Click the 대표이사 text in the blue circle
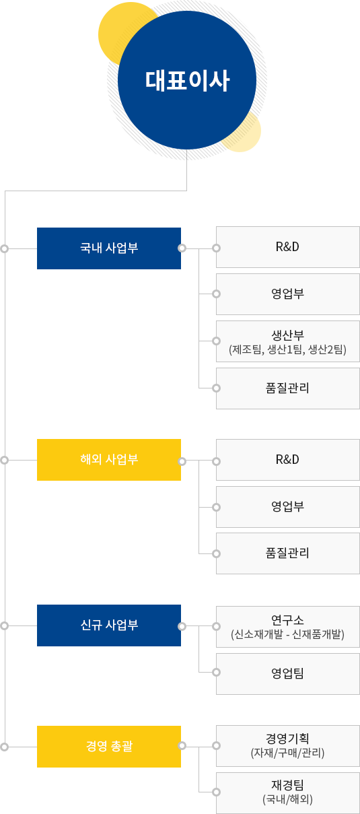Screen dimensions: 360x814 pyautogui.click(x=187, y=80)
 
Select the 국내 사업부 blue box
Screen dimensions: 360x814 pyautogui.click(x=109, y=248)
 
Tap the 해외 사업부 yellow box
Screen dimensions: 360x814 pyautogui.click(x=109, y=460)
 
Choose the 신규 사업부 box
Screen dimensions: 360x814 pyautogui.click(x=109, y=625)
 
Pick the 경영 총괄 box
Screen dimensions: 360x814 pyautogui.click(x=109, y=747)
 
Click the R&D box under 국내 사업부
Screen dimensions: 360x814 pyautogui.click(x=288, y=247)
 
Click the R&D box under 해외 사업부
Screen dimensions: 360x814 pyautogui.click(x=288, y=460)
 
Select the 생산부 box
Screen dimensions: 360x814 pyautogui.click(x=288, y=341)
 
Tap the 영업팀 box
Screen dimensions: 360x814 pyautogui.click(x=288, y=674)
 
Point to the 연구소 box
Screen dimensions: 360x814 pyautogui.click(x=288, y=626)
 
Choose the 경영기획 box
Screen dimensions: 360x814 pyautogui.click(x=288, y=746)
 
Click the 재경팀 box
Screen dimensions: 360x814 pyautogui.click(x=288, y=793)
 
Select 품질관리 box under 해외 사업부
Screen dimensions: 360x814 pyautogui.click(x=288, y=553)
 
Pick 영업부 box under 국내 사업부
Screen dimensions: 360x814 pyautogui.click(x=288, y=294)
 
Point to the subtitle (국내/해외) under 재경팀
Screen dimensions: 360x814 pyautogui.click(x=287, y=799)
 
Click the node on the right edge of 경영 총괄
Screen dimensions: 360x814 pyautogui.click(x=182, y=746)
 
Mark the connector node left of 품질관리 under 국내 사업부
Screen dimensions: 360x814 pyautogui.click(x=216, y=388)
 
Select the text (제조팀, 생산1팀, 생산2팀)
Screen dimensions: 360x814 pyautogui.click(x=287, y=349)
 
